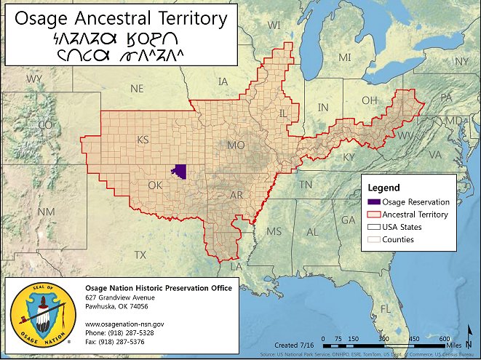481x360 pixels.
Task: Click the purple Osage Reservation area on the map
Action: pos(179,172)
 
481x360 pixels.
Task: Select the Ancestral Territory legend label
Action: pos(415,215)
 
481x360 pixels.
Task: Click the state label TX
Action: pos(140,255)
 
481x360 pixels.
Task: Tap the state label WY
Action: pos(34,78)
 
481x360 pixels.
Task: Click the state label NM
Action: pos(46,211)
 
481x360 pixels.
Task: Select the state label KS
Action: pos(143,140)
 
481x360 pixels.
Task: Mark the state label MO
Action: pos(236,145)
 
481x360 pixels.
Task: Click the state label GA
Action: pos(349,219)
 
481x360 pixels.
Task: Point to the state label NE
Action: pos(137,88)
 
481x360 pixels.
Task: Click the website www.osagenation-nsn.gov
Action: pos(124,321)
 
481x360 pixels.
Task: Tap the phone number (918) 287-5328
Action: pos(124,332)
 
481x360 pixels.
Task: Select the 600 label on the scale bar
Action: pos(443,339)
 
